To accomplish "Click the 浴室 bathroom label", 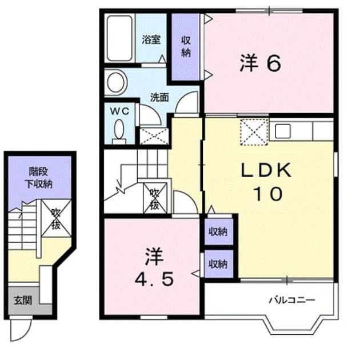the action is pyautogui.click(x=151, y=40).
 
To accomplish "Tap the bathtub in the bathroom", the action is pyautogui.click(x=119, y=38).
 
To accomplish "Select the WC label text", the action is pyautogui.click(x=119, y=111).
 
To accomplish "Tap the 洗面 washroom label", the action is pyautogui.click(x=159, y=98).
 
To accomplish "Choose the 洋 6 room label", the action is pyautogui.click(x=261, y=63).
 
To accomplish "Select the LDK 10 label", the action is pyautogui.click(x=267, y=182).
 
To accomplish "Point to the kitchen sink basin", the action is pyautogui.click(x=283, y=131).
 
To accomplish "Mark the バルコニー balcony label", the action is pyautogui.click(x=292, y=300).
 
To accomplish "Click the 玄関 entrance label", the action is pyautogui.click(x=22, y=301).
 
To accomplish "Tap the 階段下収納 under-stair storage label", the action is pyautogui.click(x=39, y=178).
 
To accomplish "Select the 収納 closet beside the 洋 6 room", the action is pyautogui.click(x=186, y=47).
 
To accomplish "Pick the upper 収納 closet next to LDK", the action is pyautogui.click(x=218, y=231).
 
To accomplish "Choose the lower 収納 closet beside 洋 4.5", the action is pyautogui.click(x=218, y=264).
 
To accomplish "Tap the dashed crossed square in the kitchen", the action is pyautogui.click(x=254, y=132).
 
